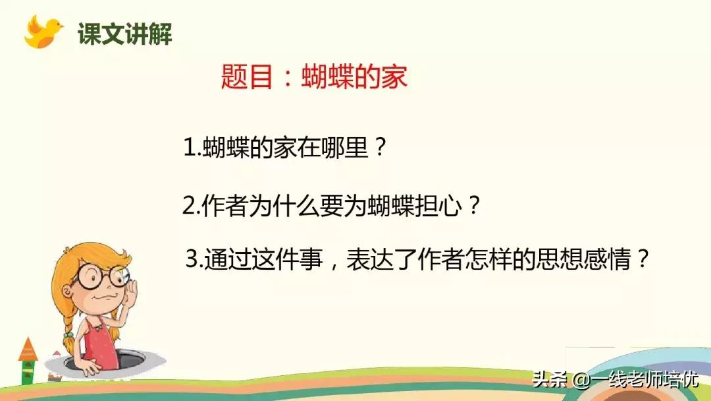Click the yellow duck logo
(x=42, y=32)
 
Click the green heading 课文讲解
(x=124, y=34)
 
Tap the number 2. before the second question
(x=191, y=207)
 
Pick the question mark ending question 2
(x=474, y=207)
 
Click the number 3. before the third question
(x=194, y=260)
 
